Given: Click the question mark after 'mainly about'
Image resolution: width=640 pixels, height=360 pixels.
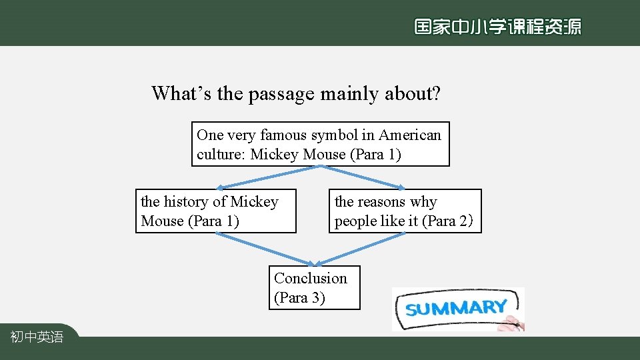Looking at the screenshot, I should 436,93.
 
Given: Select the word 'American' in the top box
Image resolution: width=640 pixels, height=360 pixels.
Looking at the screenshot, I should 410,135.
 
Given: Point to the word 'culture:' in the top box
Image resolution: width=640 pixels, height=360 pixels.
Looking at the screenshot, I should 221,155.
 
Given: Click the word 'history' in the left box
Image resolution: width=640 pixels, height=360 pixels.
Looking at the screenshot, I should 186,201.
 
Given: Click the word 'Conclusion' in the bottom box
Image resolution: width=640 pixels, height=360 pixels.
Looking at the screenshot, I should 311,278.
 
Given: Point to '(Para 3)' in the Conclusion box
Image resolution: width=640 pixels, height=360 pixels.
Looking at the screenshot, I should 299,298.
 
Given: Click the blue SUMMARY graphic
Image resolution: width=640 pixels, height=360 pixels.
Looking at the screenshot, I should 457,308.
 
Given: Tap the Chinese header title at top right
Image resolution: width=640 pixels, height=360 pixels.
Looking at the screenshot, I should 497,27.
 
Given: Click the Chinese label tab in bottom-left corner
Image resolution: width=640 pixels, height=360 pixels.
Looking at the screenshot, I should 37,337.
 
